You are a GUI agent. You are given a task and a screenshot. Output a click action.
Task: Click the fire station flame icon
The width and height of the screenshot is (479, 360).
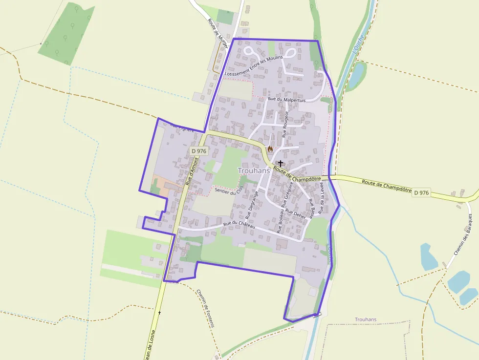270,148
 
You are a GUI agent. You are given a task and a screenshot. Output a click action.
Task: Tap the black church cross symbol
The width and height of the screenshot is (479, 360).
281,163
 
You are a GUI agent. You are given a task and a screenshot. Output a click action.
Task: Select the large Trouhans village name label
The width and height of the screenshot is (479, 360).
254,170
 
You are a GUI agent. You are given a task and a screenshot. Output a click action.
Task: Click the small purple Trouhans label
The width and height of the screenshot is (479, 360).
366,319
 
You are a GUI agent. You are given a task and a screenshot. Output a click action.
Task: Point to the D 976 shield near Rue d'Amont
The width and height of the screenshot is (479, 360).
199,151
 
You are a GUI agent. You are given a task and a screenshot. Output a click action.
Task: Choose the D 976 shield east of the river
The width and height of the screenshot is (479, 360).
421,193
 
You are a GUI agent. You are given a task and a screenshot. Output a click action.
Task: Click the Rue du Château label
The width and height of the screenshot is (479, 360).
239,225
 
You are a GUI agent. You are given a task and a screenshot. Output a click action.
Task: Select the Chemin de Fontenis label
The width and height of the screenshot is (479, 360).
205,308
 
